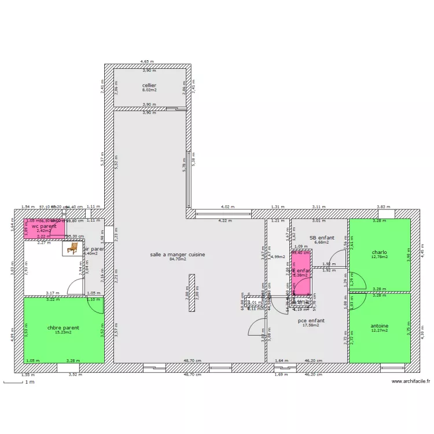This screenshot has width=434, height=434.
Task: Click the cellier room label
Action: click(149, 85)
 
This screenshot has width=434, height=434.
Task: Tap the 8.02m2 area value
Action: click(149, 90)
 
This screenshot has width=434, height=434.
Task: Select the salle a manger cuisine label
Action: click(177, 254)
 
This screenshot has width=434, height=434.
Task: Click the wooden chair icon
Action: click(72, 248)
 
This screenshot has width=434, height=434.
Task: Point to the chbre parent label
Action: click(63, 328)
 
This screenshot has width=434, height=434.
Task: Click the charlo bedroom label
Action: click(379, 252)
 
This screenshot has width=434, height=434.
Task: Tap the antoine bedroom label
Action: click(379, 326)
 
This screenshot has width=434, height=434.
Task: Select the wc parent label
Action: click(44, 226)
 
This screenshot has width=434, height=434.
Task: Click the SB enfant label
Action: click(322, 237)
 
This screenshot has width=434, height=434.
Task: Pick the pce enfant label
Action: click(311, 320)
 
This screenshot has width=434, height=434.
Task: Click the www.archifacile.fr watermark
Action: click(410, 382)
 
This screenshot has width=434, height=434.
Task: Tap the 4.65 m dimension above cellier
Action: click(148, 61)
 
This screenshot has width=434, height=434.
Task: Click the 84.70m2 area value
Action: click(177, 259)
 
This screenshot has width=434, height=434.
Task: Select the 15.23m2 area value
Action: click(63, 333)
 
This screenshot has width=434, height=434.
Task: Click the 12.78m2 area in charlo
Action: click(379, 257)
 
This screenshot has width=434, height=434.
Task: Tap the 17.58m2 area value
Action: click(311, 325)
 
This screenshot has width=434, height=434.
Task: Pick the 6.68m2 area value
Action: click(322, 242)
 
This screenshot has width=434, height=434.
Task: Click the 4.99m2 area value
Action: click(278, 257)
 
